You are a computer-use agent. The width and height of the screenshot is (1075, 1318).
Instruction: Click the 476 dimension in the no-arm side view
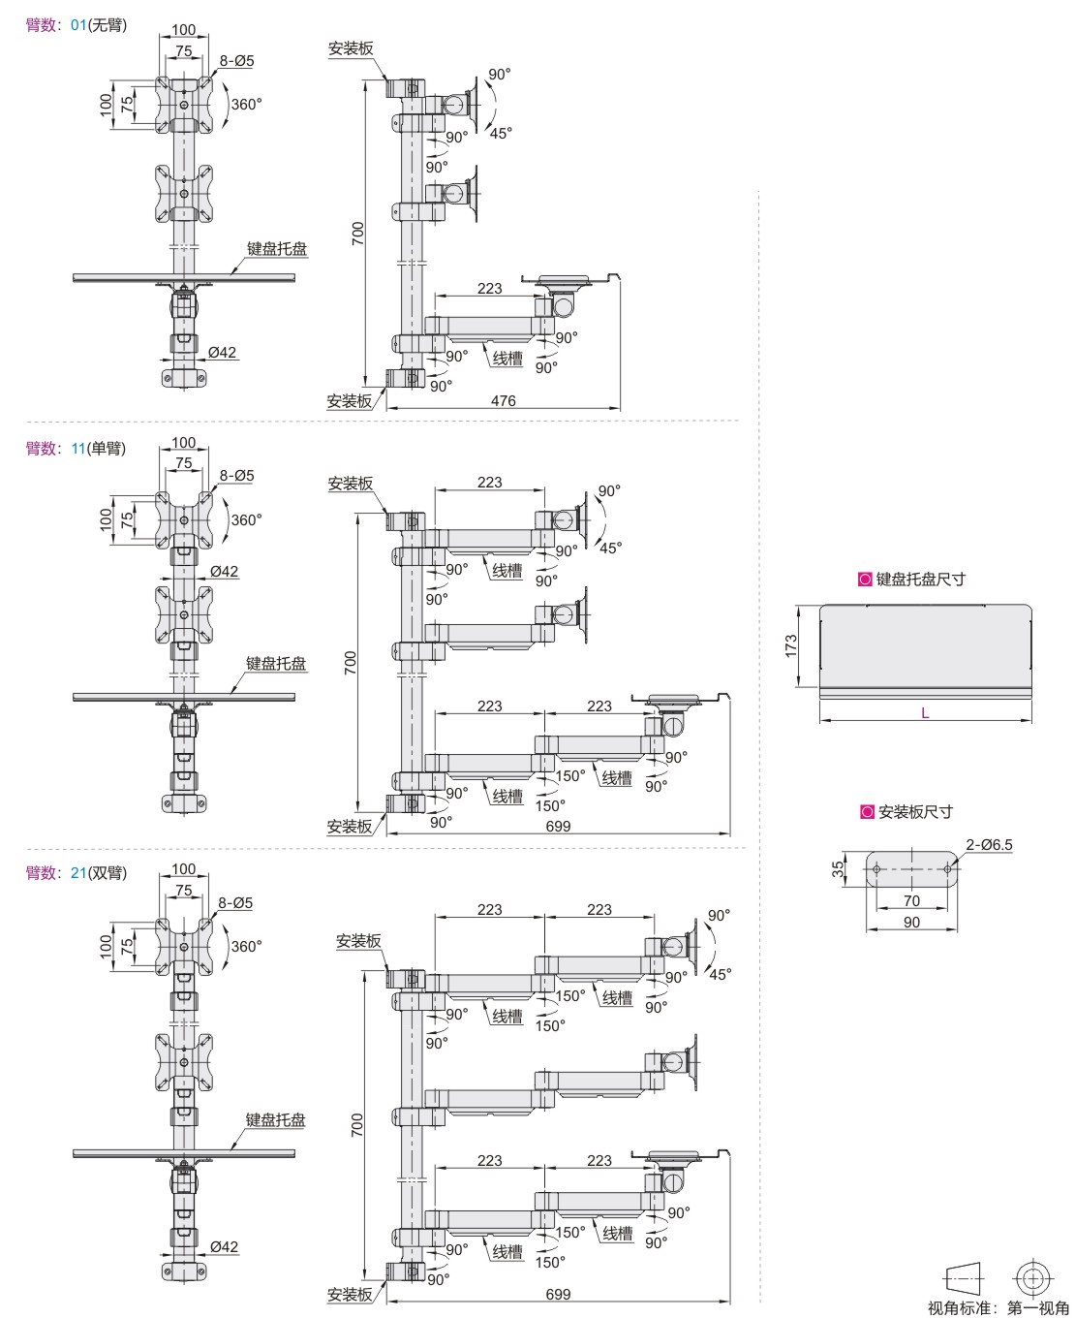pos(503,400)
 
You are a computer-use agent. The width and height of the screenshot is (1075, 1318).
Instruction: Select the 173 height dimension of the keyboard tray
pos(791,645)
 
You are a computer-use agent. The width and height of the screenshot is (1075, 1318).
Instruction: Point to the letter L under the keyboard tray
pos(925,712)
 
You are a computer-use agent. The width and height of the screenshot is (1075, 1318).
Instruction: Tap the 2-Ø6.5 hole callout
pos(989,844)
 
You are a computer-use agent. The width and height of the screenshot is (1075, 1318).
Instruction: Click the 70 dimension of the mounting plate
pos(911,900)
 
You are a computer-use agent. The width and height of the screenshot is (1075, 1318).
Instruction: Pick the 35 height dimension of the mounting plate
pos(839,869)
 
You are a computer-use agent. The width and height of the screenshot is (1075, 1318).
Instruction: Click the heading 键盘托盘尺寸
pos(919,580)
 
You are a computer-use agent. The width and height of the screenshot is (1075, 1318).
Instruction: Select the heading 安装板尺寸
pos(914,812)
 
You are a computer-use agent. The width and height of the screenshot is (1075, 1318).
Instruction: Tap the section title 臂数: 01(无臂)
pos(76,25)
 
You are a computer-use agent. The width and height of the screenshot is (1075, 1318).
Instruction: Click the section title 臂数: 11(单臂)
pos(76,449)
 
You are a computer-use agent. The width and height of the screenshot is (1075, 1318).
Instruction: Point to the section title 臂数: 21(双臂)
pos(76,873)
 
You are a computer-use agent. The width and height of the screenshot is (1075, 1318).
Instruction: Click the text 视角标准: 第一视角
pos(998,1308)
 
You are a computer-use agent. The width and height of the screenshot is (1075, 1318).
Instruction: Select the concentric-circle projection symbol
pos(1032,1275)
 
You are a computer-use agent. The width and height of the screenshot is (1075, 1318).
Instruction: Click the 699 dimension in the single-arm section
pos(558,827)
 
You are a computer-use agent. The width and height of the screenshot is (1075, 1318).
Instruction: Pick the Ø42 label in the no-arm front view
pos(222,352)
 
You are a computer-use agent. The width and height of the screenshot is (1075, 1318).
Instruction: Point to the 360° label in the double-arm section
pos(246,946)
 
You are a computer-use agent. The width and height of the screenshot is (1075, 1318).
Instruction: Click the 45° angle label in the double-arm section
pos(719,973)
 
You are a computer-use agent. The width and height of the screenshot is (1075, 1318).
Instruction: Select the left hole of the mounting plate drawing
pos(876,869)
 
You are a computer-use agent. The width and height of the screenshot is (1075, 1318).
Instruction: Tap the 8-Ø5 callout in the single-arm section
pos(236,475)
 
